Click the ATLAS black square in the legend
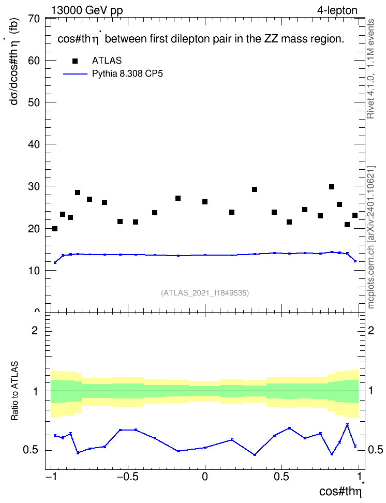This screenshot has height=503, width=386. click(x=75, y=61)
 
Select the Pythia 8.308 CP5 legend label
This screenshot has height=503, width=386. click(x=127, y=74)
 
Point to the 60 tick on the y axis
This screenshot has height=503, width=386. click(x=34, y=61)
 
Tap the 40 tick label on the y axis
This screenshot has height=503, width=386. click(x=34, y=144)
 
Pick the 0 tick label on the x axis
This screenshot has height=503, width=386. click(x=205, y=477)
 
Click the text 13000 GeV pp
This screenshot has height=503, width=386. click(x=87, y=11)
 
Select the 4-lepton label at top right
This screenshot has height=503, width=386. click(x=337, y=11)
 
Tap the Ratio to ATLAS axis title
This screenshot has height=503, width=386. click(x=14, y=391)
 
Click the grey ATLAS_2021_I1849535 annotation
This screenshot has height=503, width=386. click(x=205, y=293)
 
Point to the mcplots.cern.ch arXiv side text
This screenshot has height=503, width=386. click(x=371, y=237)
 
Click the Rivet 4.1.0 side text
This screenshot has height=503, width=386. click(x=370, y=69)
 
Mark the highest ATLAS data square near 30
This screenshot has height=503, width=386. click(x=332, y=187)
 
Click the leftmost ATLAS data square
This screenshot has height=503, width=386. click(x=55, y=229)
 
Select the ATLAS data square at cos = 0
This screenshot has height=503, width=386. click(x=205, y=202)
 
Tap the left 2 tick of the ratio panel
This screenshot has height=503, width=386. click(x=35, y=330)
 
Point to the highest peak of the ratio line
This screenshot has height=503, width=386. click(x=347, y=424)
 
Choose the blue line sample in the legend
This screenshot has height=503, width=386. click(x=75, y=74)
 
